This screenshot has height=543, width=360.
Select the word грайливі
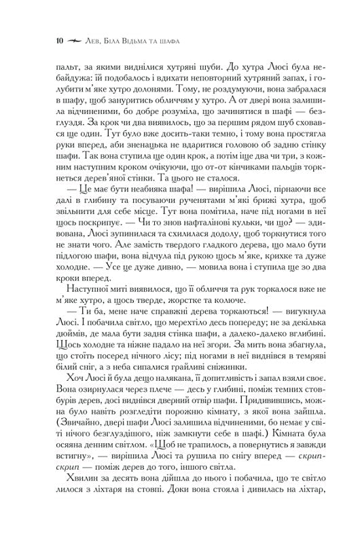click(x=228, y=417)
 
